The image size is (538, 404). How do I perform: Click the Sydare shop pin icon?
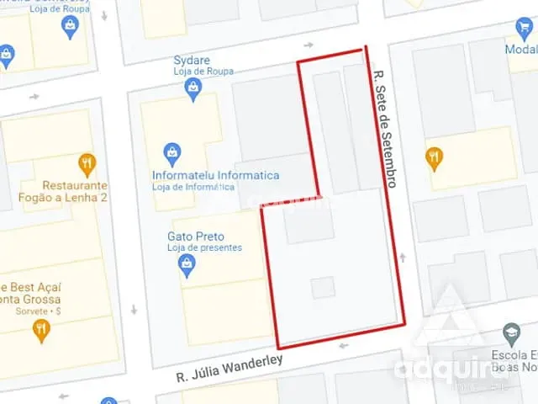(x=193, y=89)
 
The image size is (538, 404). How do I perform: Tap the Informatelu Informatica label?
(x=215, y=175)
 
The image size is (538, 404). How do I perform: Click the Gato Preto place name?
(x=195, y=237)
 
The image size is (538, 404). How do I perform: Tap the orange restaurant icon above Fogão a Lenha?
(x=86, y=162)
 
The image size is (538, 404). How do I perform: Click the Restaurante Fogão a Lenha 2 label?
(x=75, y=191)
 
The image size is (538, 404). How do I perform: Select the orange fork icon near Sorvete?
(x=40, y=330)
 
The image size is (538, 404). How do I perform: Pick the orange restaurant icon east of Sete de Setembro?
(x=434, y=157)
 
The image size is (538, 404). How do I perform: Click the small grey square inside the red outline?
(x=323, y=288)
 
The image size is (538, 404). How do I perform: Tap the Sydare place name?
(x=192, y=61)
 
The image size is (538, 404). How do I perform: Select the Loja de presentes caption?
(x=204, y=247)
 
